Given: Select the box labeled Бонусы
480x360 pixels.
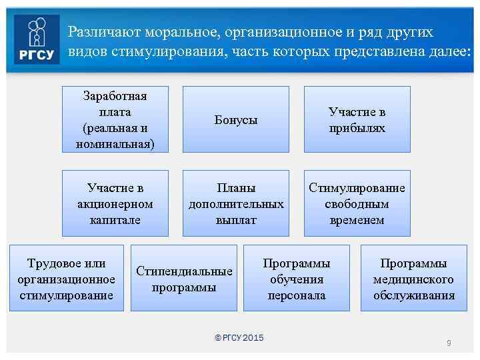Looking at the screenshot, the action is pos(236,119).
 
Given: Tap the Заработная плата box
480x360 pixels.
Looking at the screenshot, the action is pos(115,119).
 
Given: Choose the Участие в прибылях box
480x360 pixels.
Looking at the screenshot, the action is pos(357,119).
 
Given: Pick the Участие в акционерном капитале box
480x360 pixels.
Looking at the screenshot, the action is pos(115,203).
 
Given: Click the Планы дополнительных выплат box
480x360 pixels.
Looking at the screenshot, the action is pos(236,203).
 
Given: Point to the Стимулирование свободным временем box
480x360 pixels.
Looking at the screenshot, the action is pos(357,203).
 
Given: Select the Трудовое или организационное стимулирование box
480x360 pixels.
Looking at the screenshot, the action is pos(66,279).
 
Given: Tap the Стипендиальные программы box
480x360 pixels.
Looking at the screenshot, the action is pos(184,279).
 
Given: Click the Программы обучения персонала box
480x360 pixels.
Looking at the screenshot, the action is pos(297,279).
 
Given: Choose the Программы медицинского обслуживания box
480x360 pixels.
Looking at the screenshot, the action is pos(413,279).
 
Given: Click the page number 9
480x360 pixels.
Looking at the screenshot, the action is pos(449,343).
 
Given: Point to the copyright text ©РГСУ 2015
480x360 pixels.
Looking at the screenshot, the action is pos(239,338).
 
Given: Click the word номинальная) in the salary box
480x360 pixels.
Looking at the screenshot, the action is pos(115,143).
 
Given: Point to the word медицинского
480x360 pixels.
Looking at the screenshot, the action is pos(413,279).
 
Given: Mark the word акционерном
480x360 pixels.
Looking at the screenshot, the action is pos(115,204).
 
